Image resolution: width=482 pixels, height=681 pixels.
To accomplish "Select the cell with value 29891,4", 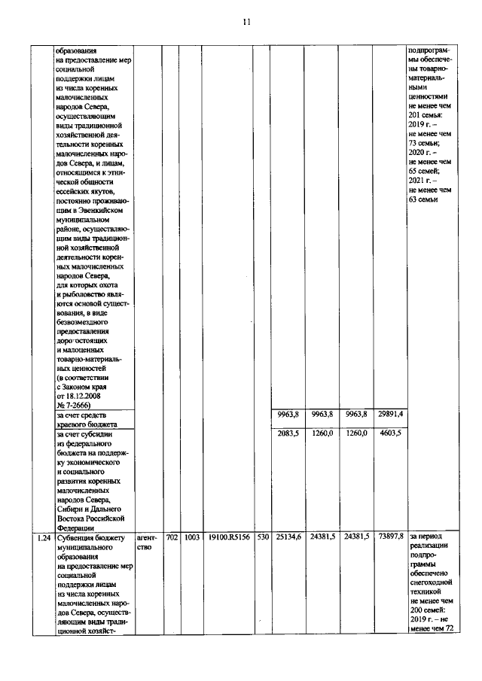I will (391, 414).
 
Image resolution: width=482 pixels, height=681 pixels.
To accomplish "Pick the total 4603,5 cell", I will (391, 433).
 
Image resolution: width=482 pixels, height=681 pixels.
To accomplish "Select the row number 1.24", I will (44, 537).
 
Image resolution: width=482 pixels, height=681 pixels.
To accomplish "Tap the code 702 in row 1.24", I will (171, 537).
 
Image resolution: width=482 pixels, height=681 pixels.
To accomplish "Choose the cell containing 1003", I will (191, 537).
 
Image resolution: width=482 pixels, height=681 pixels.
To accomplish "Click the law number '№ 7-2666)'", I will (75, 405).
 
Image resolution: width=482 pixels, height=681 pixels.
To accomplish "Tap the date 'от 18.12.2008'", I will (81, 395).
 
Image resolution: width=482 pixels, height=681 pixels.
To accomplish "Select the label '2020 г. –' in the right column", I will (424, 153).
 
